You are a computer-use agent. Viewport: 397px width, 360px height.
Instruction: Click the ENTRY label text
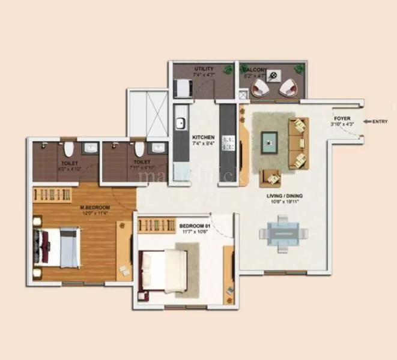pos(380,122)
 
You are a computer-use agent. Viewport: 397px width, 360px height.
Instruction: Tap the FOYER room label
pos(342,119)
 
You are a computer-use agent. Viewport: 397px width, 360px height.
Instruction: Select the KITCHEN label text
pos(204,137)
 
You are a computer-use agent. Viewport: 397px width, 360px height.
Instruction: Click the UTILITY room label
pos(204,69)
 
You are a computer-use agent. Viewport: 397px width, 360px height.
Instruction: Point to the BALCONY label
pos(255,70)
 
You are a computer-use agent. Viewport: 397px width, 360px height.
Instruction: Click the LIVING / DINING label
pos(285,196)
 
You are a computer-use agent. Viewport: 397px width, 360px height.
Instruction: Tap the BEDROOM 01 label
pos(193,226)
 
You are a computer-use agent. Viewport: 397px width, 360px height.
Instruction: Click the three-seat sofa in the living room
pos(299,142)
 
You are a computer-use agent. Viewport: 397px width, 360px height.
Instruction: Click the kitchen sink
pos(180,125)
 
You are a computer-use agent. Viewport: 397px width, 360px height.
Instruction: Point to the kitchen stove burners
pos(228,143)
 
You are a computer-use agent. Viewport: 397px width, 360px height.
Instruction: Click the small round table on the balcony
pos(274,76)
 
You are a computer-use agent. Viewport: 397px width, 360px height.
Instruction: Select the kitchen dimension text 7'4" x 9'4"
pos(204,144)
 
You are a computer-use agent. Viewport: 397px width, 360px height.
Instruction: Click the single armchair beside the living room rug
pos(271,177)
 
